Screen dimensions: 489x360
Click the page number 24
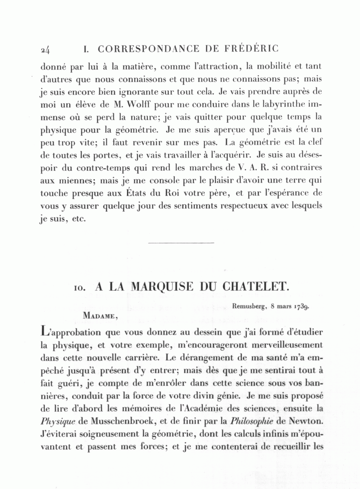pos(45,50)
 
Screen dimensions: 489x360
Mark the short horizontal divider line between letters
pos(181,242)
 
